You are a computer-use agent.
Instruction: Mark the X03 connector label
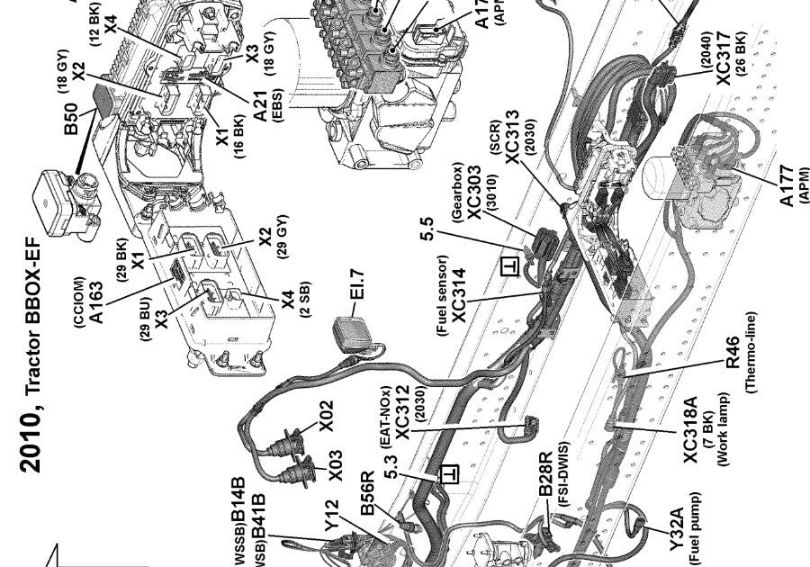tap(334, 465)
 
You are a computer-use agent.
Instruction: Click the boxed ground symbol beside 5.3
tap(443, 472)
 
